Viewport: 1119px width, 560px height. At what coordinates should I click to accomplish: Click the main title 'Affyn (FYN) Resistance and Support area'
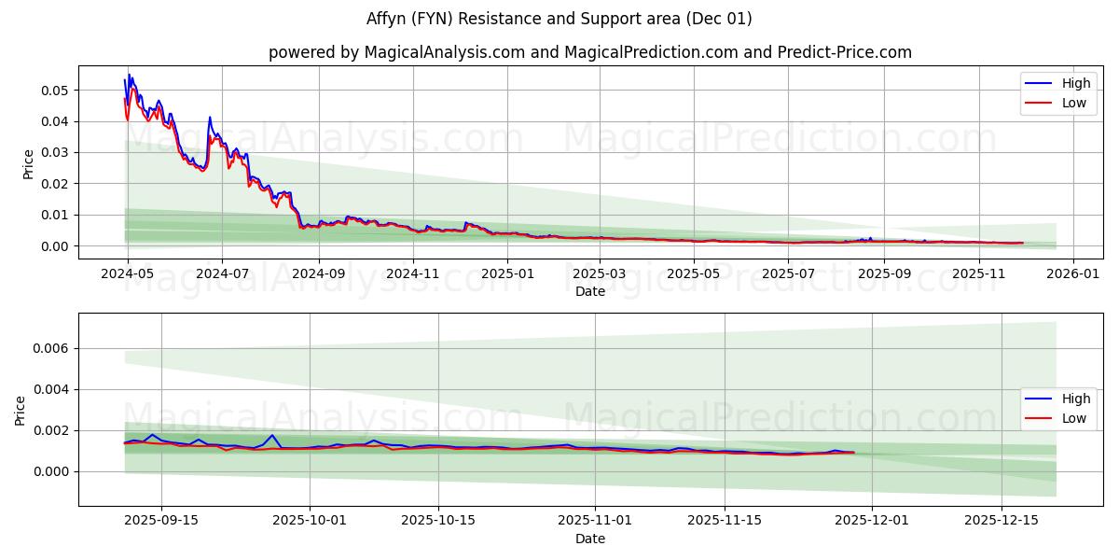point(559,19)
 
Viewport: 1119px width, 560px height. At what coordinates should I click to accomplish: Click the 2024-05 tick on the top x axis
point(128,273)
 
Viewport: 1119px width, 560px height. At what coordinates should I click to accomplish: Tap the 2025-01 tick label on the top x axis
point(507,273)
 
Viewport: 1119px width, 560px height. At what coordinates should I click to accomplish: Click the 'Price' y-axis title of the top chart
point(28,162)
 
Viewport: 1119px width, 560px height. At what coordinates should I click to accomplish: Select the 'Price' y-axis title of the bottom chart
point(21,410)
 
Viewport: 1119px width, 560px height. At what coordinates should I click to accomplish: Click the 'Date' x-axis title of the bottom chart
point(589,539)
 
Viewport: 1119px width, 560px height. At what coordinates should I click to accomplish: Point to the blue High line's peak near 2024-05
point(129,75)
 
